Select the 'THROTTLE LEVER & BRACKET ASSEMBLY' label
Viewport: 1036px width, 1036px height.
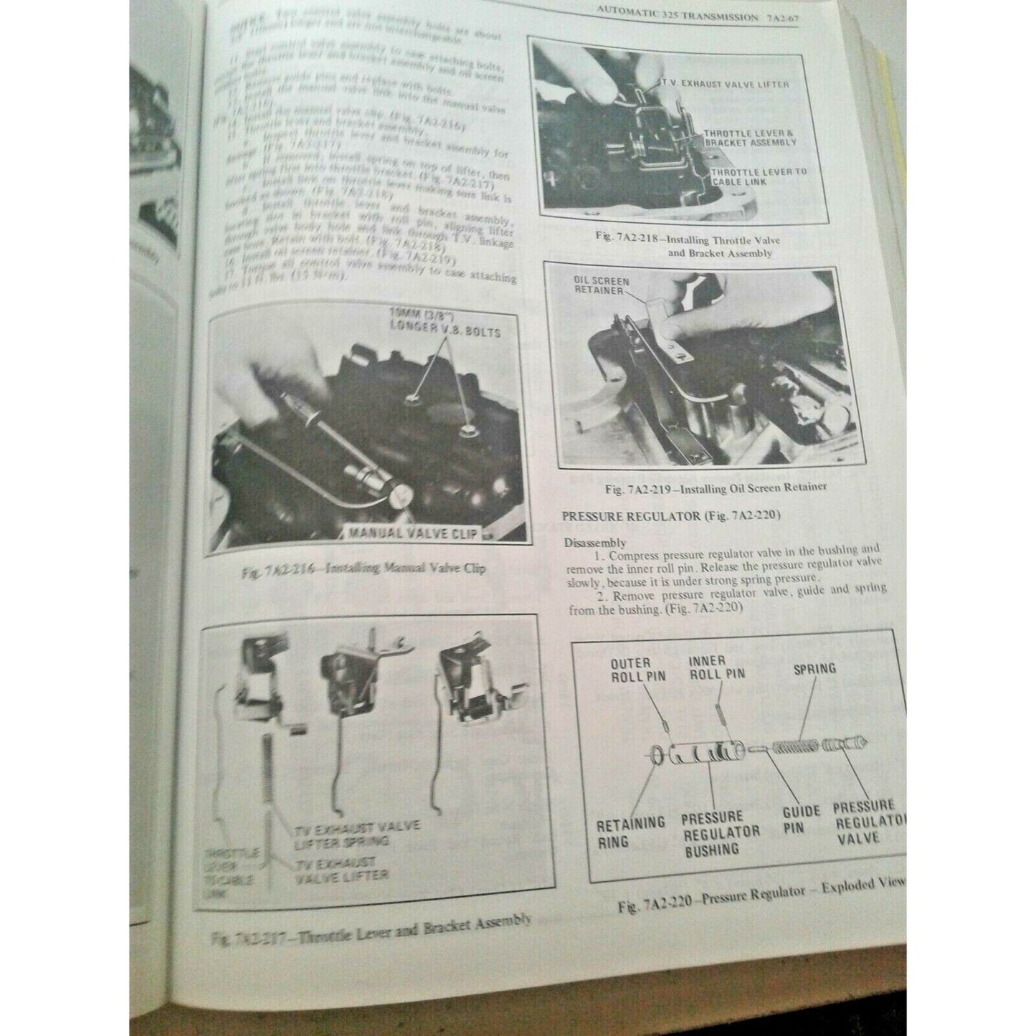[x=750, y=138]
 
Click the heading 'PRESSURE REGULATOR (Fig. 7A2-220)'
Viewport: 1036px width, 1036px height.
[x=670, y=515]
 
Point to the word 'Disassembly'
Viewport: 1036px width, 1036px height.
[x=594, y=542]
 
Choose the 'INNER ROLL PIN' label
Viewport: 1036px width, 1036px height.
[x=716, y=667]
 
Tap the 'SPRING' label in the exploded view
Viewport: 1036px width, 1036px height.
[x=814, y=668]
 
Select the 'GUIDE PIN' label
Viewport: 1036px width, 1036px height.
[x=801, y=819]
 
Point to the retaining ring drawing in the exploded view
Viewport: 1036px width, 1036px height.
[x=657, y=754]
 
